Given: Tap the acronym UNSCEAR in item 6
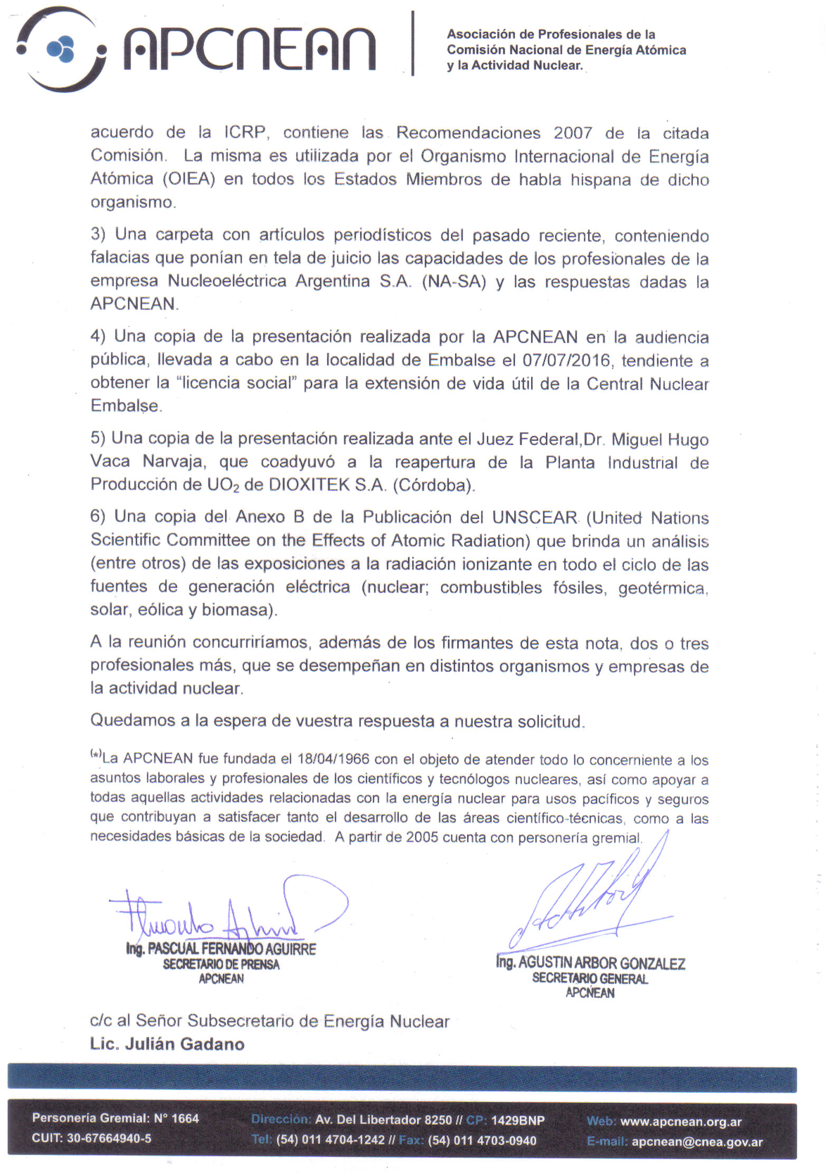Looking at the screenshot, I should [535, 517].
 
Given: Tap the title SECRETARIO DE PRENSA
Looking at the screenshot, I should [221, 964].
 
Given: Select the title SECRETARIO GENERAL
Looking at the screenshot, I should [590, 979].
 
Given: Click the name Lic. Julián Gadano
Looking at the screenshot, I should [167, 1044].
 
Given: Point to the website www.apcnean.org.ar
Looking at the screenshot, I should [681, 1122].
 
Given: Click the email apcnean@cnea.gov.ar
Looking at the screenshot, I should [697, 1142].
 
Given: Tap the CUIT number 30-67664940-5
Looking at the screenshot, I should [109, 1138].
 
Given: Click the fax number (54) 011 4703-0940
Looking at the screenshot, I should [481, 1141].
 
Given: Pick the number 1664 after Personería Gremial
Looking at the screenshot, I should [185, 1118].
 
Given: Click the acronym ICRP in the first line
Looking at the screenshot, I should [246, 132].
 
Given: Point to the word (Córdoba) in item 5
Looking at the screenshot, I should [434, 485].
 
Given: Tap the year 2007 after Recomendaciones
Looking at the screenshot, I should [573, 133].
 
